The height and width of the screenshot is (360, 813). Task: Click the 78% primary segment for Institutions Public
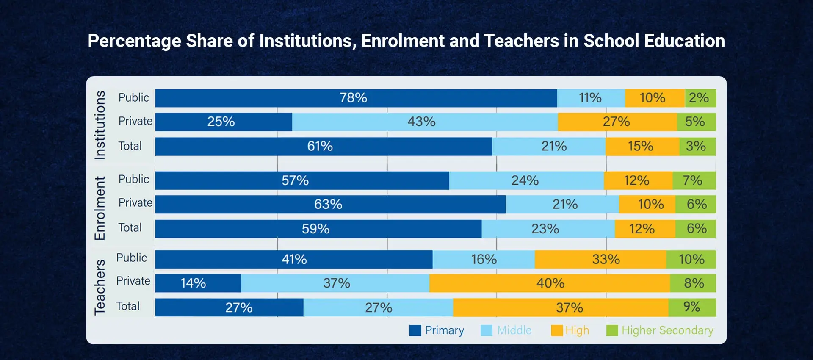(x=356, y=98)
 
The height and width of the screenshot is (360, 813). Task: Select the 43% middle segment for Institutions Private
(x=425, y=122)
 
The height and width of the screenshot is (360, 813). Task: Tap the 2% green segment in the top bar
(x=700, y=98)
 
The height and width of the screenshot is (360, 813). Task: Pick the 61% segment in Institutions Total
(x=323, y=147)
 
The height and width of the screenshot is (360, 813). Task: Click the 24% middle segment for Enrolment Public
(x=526, y=180)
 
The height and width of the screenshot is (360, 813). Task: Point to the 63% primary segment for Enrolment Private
(x=330, y=204)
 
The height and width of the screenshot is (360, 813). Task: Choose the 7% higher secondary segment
(x=694, y=180)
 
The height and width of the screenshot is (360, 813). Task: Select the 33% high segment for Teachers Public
(x=600, y=259)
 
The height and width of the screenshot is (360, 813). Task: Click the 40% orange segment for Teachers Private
(x=550, y=283)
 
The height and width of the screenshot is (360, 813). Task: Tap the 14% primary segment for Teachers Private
(x=198, y=283)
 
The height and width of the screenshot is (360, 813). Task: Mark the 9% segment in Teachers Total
(x=692, y=307)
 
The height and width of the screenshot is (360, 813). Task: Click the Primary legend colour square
(x=415, y=330)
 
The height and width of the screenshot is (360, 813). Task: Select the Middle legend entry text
(x=514, y=330)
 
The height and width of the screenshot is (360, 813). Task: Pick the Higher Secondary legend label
(x=667, y=330)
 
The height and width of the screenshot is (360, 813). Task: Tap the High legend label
(x=577, y=330)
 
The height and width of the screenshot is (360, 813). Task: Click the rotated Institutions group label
(x=100, y=125)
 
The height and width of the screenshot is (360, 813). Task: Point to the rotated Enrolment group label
(x=100, y=208)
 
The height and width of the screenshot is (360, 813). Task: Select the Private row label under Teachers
(x=133, y=281)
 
